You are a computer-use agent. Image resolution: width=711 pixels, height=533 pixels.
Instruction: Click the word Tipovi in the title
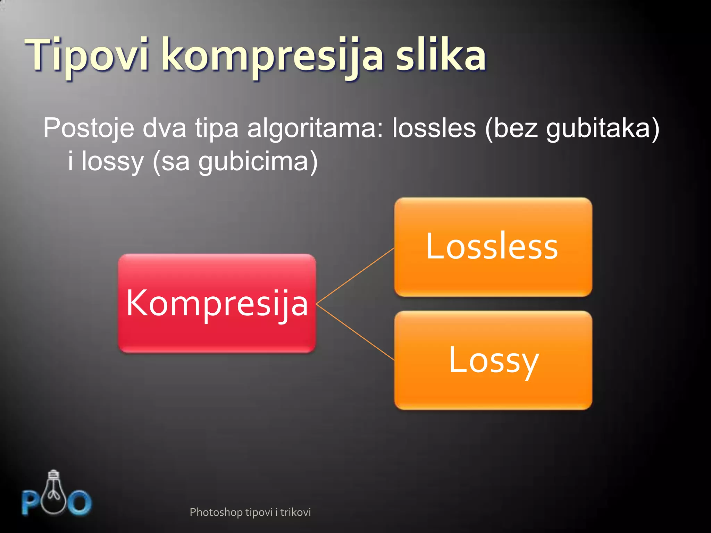[87, 56]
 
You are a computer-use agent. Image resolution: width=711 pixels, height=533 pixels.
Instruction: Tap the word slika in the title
[441, 56]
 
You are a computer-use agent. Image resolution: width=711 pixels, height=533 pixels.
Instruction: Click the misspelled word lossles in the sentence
[434, 128]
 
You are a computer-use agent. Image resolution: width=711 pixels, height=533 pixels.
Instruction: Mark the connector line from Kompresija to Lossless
[355, 276]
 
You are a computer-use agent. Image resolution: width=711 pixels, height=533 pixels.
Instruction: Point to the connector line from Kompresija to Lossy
[355, 332]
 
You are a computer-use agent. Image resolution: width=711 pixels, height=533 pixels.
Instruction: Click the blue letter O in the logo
[80, 502]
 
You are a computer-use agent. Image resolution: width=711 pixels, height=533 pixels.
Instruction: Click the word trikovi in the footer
[295, 512]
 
